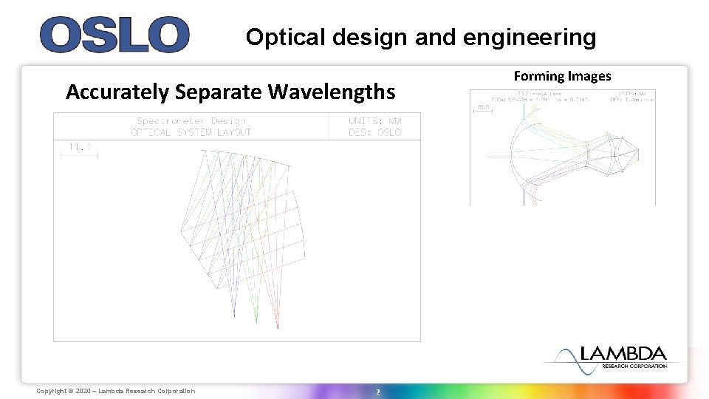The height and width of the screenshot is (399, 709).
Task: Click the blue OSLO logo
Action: click(x=114, y=35)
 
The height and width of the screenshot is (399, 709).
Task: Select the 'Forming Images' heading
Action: click(x=562, y=75)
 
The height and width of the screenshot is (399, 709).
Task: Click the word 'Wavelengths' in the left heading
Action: click(x=332, y=92)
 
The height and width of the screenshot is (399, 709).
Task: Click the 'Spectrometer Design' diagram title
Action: click(x=191, y=121)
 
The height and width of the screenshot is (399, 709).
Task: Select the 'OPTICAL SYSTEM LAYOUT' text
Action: click(x=191, y=132)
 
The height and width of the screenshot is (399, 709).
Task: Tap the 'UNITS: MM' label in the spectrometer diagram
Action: click(x=375, y=121)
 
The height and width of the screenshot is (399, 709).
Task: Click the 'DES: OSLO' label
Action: click(x=375, y=132)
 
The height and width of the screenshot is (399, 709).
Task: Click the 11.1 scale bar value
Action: click(x=79, y=147)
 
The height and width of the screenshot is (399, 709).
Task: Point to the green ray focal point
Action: click(x=256, y=321)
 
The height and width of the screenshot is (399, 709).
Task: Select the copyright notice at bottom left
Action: click(x=116, y=391)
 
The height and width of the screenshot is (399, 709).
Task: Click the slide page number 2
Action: click(x=377, y=391)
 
